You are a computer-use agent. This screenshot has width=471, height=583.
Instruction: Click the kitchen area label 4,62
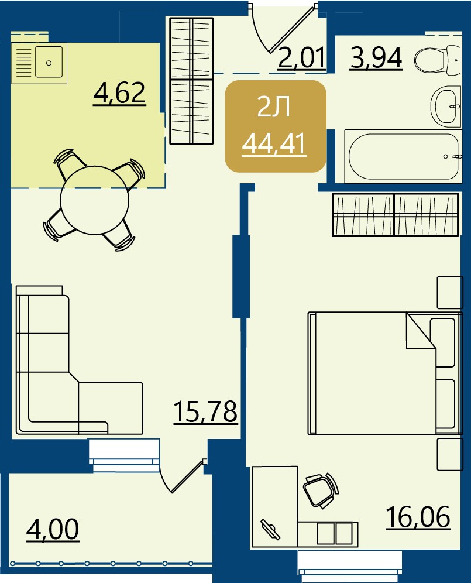tap(119, 93)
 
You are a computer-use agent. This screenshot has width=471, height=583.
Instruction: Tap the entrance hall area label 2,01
tap(302, 57)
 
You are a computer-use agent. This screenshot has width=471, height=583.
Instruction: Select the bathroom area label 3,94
tap(376, 58)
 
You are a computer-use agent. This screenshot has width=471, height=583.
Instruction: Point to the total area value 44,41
tap(274, 145)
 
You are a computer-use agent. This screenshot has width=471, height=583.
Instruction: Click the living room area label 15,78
tap(205, 411)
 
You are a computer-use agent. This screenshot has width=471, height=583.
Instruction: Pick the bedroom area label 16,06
tap(418, 517)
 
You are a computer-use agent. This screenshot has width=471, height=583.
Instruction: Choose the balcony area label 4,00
tap(53, 529)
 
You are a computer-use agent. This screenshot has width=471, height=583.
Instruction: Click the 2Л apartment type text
tap(274, 108)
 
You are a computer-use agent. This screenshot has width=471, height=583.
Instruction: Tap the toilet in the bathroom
tap(438, 60)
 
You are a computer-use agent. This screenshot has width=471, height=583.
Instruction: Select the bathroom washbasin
tap(446, 105)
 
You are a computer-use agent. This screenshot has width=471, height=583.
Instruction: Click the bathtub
tap(403, 156)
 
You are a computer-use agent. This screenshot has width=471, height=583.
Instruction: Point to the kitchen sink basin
tap(49, 62)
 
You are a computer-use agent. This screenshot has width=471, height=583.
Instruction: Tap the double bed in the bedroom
tap(385, 373)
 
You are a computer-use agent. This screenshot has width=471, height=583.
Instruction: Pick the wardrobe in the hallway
tap(191, 81)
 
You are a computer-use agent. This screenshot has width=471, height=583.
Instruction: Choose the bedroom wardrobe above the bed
tap(395, 215)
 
